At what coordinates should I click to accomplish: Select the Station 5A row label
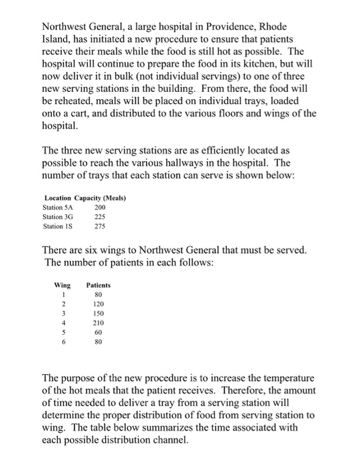tap(57, 207)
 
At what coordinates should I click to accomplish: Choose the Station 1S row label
tap(57, 226)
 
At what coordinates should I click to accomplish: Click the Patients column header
tap(98, 285)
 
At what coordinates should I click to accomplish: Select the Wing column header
tap(62, 285)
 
